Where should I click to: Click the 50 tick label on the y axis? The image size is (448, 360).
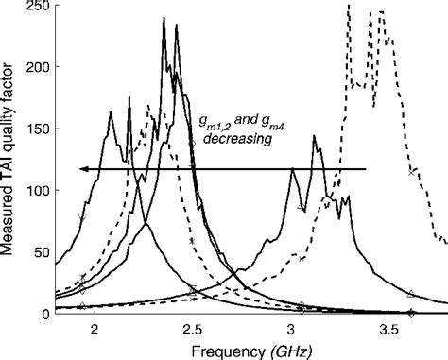pyautogui.click(x=44, y=252)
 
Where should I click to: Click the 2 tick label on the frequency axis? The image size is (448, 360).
pyautogui.click(x=95, y=327)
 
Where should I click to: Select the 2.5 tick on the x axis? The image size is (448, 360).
pyautogui.click(x=192, y=327)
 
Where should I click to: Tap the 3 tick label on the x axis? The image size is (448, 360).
pyautogui.click(x=290, y=327)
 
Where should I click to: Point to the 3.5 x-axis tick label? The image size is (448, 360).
pyautogui.click(x=388, y=327)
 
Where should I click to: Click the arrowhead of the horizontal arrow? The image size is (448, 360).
pyautogui.click(x=84, y=169)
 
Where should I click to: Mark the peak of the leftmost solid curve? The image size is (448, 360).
pyautogui.click(x=111, y=111)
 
